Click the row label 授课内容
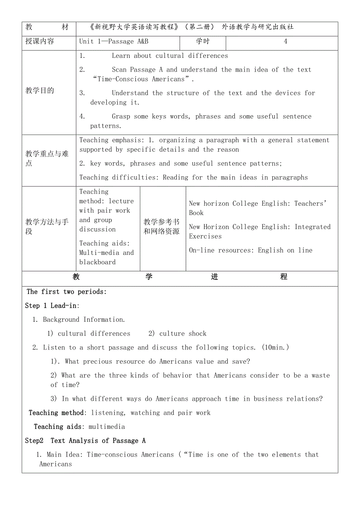click(x=40, y=41)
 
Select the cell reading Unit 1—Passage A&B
click(x=114, y=41)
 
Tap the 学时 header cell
click(x=203, y=41)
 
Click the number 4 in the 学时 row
click(x=285, y=41)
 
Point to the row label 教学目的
click(x=40, y=91)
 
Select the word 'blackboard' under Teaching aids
click(x=97, y=262)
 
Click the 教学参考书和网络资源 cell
click(x=162, y=227)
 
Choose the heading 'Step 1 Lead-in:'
click(x=52, y=306)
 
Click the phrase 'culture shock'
click(x=183, y=333)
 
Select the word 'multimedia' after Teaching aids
click(x=107, y=427)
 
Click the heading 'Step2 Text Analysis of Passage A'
click(x=85, y=441)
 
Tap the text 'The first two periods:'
click(x=67, y=292)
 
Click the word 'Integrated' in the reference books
click(x=312, y=227)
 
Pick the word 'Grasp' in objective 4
click(x=121, y=116)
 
